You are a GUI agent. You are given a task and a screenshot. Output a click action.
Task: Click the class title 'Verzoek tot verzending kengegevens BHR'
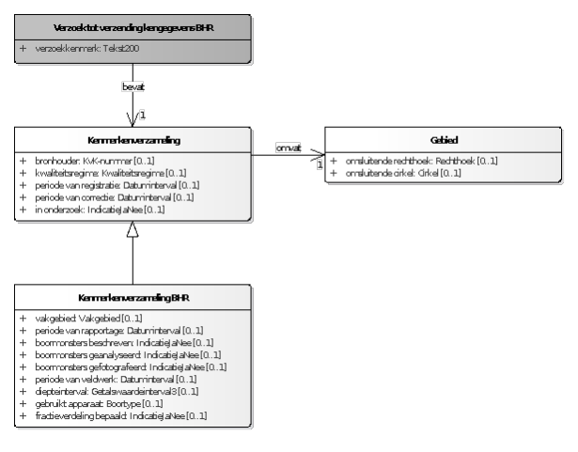pyautogui.click(x=132, y=26)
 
